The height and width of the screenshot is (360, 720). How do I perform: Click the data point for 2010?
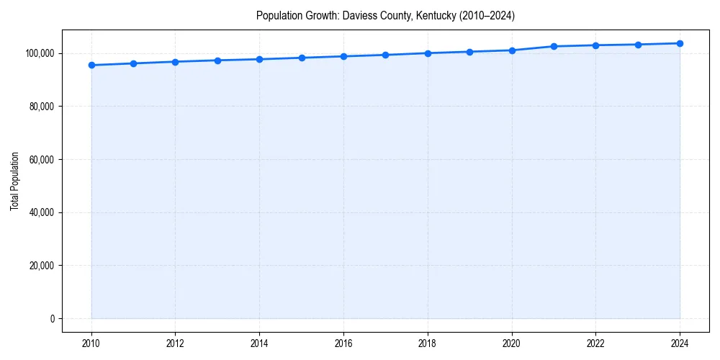point(91,66)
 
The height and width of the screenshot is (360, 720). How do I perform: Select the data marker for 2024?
point(680,43)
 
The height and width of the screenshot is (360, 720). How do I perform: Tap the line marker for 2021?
point(554,46)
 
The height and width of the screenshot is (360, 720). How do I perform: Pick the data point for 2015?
point(302,58)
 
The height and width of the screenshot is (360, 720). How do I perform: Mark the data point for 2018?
point(428,53)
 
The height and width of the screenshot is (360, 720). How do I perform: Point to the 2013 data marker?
point(217,60)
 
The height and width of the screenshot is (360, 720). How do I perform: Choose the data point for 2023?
point(638,45)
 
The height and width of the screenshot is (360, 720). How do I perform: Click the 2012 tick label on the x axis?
point(176,343)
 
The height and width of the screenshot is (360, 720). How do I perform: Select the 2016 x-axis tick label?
point(343,343)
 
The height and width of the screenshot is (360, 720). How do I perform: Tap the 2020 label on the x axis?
point(512,343)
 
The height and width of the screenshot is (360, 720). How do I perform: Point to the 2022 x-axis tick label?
point(595,343)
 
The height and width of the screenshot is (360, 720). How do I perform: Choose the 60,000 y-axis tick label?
point(42,160)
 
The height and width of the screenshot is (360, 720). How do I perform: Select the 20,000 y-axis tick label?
point(42,266)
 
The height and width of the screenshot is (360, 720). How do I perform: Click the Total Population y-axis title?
point(15,181)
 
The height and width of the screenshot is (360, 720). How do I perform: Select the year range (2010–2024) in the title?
point(486,15)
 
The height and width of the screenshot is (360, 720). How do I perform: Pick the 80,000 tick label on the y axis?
point(42,107)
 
